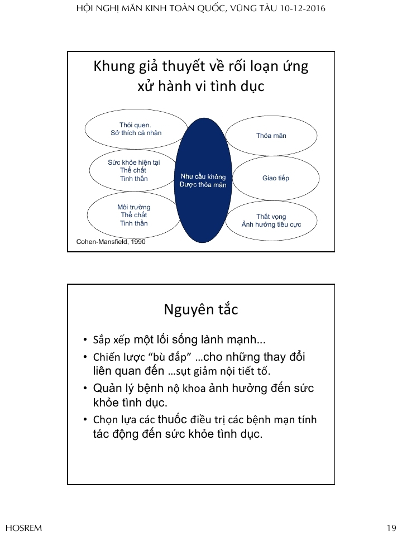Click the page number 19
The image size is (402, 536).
pos(391,528)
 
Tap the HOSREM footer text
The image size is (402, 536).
pos(23,528)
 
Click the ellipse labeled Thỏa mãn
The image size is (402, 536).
pos(271,136)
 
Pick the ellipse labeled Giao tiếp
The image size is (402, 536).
pos(276,178)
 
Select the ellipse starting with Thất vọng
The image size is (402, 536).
pos(271,220)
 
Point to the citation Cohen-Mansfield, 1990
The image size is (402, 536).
pos(111,242)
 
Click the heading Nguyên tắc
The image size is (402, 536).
pos(201,309)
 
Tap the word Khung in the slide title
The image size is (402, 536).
pos(112,67)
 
